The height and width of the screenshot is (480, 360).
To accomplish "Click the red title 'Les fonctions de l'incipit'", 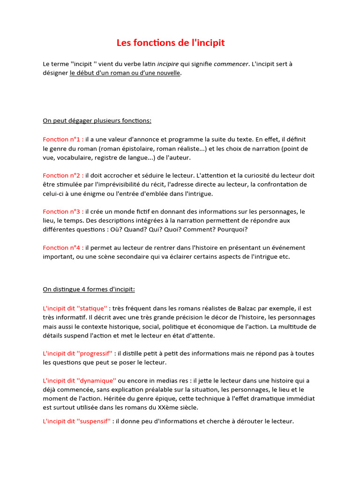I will coord(171,43).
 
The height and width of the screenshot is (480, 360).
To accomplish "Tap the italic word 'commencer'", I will coord(231,64).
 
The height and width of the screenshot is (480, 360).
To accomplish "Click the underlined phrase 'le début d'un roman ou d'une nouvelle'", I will coord(125,73).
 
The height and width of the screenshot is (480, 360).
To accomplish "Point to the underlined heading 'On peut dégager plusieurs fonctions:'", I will coord(97,120).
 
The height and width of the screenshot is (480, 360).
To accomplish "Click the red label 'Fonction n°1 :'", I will coord(63,139).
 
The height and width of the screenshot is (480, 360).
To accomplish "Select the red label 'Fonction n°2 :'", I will coord(63,175).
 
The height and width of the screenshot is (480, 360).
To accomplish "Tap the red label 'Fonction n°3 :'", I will coord(63,211).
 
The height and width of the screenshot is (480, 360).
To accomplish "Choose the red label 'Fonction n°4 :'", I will coord(63,247).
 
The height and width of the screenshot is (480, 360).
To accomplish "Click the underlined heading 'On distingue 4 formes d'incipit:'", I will coord(89,289).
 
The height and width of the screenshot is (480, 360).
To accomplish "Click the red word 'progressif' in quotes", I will coord(97,353).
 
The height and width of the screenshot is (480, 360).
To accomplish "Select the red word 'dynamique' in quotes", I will coord(96,381).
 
